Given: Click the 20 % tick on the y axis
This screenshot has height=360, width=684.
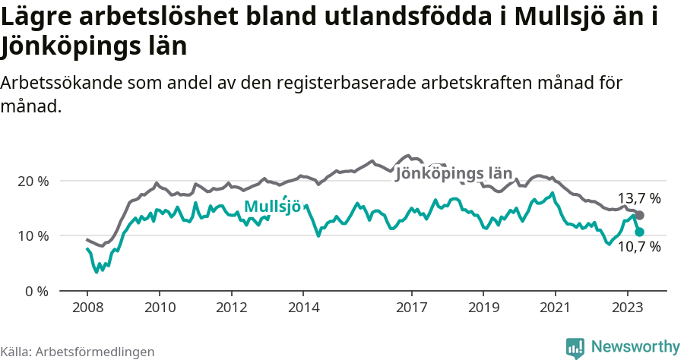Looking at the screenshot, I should point(32,181).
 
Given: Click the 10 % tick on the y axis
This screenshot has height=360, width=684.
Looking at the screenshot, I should point(32,235).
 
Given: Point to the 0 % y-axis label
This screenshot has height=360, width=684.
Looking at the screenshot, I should point(35,291).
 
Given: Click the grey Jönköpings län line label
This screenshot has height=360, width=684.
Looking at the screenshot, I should point(454,174).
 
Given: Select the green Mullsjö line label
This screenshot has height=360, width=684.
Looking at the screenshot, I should point(272,207).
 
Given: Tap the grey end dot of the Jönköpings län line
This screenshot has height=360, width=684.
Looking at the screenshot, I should point(640,216).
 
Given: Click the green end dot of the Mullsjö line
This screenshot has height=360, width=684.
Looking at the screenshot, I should point(640,232).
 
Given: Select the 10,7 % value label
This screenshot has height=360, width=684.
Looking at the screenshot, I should point(638,247).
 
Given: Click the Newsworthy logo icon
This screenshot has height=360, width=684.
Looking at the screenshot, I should point(575,347).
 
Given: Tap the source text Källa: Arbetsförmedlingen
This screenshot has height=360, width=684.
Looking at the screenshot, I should point(78,352).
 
